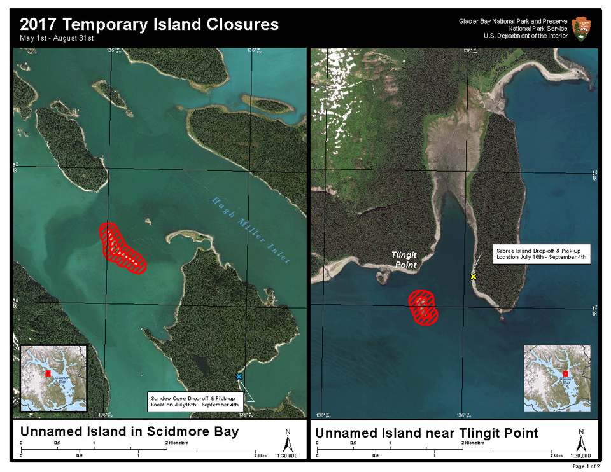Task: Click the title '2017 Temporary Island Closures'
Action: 149,25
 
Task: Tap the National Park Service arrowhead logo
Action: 582,29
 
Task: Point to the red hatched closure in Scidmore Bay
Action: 122,247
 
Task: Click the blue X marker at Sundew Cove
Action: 239,377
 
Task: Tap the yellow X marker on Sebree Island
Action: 473,277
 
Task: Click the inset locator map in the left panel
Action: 53,379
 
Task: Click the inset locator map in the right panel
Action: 558,379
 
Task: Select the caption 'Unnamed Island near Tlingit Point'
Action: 427,433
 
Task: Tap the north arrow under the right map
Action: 580,440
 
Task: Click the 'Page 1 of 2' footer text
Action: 586,466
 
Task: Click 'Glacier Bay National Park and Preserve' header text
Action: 513,21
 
